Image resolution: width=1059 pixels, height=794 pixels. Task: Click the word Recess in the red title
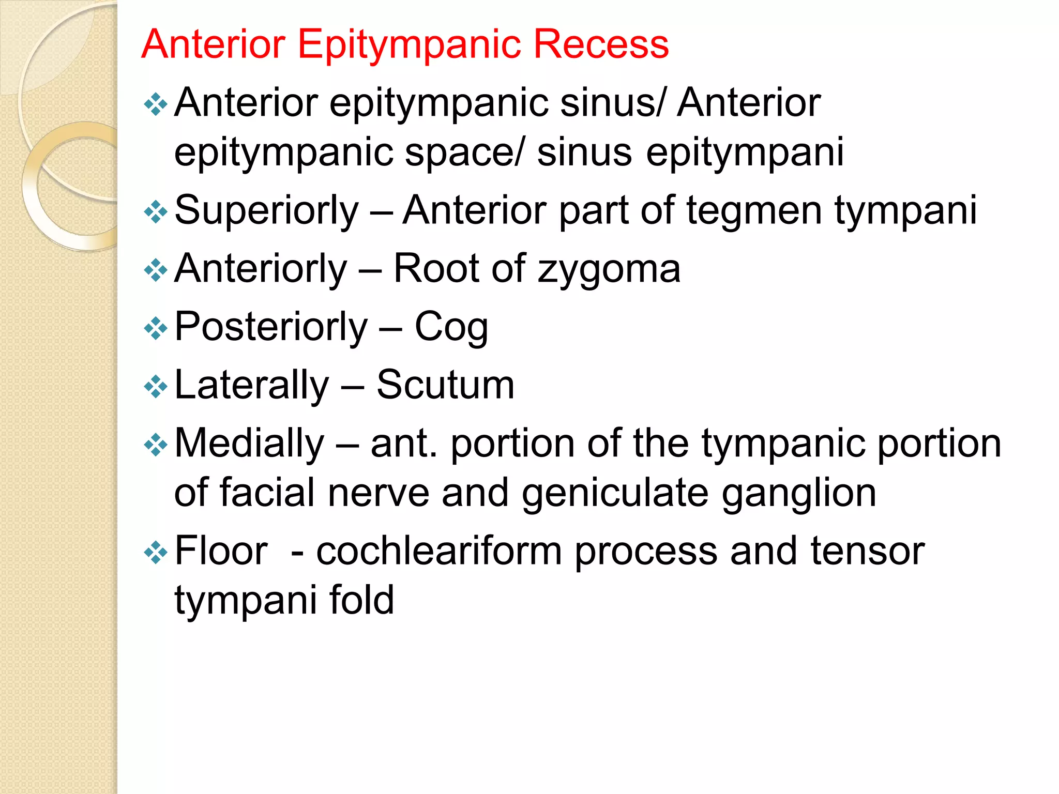click(601, 44)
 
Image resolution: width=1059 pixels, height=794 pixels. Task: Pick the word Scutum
click(445, 385)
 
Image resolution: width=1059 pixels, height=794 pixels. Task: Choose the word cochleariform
click(439, 552)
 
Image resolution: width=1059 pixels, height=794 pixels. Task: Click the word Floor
click(221, 552)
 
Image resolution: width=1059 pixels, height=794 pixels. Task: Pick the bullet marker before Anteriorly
click(156, 270)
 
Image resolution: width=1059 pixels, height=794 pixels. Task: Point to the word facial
click(267, 493)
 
